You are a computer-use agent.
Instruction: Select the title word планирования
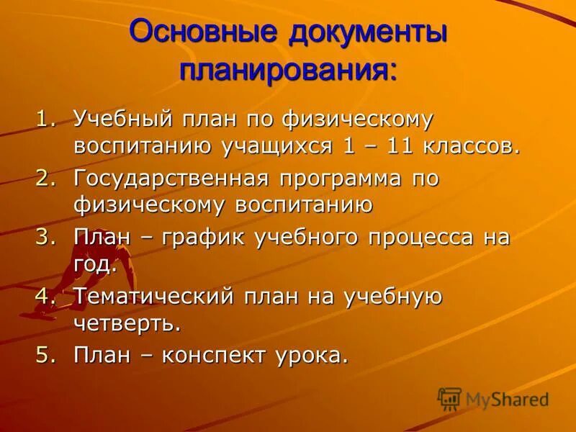(288, 71)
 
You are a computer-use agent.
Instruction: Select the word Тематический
(151, 296)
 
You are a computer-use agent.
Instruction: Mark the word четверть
(126, 323)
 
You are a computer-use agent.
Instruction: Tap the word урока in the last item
(310, 354)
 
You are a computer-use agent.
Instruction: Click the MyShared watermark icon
(449, 398)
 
